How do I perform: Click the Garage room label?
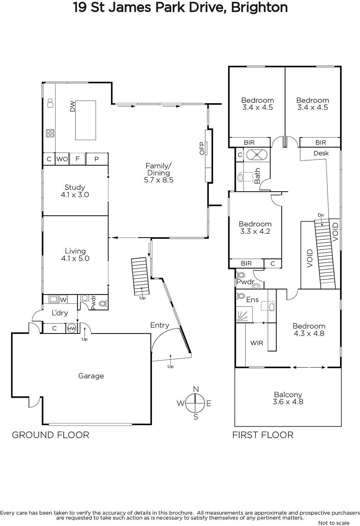[91, 376]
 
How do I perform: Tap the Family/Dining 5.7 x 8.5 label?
[159, 173]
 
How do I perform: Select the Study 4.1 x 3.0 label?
[75, 191]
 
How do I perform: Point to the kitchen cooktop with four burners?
[50, 133]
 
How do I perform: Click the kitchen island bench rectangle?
[85, 120]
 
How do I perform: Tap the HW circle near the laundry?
[72, 328]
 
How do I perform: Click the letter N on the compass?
[196, 389]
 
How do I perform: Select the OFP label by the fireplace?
[202, 148]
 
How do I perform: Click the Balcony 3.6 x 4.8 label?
[288, 398]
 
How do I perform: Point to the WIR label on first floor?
[257, 343]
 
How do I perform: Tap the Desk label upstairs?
[321, 153]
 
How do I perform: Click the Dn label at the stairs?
[321, 215]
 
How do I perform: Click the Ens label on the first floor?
[253, 299]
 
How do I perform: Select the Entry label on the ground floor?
[160, 325]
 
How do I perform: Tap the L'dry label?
[60, 313]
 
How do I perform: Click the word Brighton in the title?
[259, 8]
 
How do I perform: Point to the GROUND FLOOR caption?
[51, 435]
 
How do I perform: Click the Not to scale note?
[334, 523]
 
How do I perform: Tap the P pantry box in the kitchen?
[97, 159]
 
